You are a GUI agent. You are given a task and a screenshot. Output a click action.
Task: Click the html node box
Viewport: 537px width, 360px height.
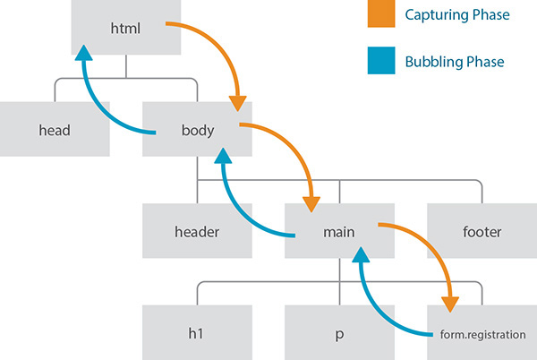point(126,28)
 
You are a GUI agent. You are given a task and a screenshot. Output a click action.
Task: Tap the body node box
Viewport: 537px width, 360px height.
point(197,130)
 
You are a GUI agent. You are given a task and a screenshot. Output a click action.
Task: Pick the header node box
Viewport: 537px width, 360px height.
point(197,231)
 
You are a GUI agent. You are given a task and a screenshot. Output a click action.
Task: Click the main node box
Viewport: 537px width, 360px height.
point(340,231)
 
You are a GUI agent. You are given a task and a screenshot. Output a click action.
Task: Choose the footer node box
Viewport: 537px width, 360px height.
point(482,231)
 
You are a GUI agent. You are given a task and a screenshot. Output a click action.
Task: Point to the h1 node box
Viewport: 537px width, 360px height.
point(197,333)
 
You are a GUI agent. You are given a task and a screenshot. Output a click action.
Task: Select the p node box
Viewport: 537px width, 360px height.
point(340,333)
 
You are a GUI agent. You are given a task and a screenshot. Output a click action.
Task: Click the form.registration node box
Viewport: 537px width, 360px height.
point(482,333)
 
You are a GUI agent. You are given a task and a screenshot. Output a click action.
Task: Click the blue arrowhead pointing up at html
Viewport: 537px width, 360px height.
point(83,56)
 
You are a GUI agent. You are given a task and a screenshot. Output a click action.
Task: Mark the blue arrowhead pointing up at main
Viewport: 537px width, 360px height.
point(361,259)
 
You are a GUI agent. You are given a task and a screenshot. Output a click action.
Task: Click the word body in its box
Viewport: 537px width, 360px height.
point(197,131)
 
